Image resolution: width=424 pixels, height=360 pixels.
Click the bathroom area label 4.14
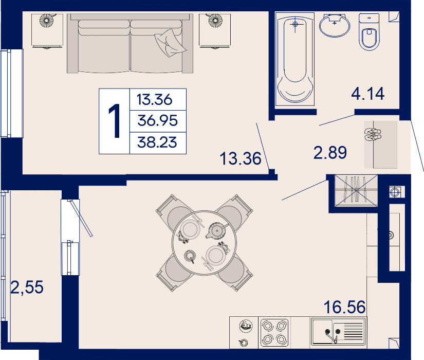pos(368,94)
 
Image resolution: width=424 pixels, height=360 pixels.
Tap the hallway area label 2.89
pos(330,152)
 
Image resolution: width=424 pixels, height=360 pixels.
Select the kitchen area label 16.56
pos(344,307)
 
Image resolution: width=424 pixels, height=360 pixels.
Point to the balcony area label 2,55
pos(27,287)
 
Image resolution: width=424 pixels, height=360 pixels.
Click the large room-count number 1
pos(115,121)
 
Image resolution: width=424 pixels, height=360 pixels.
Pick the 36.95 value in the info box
pos(158,120)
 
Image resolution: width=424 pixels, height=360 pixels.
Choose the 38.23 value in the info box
pos(157,142)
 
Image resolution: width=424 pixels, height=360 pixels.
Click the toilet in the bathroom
pos(369,32)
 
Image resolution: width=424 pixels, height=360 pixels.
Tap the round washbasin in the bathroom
pos(335,25)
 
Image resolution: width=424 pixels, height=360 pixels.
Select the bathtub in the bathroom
pos(295,59)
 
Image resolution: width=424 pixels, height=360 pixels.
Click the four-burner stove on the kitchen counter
pos(274,333)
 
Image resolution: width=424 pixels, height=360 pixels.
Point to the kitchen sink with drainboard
pos(338,332)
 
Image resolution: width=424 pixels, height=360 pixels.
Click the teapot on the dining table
pos(216,230)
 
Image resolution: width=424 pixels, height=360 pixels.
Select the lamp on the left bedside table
pos(47,20)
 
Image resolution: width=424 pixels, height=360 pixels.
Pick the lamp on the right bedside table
pos(215,20)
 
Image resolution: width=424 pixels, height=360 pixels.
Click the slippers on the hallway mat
pos(373,135)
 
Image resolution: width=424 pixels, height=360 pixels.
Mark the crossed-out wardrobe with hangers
pos(356,191)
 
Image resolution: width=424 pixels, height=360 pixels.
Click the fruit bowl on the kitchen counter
pos(246,326)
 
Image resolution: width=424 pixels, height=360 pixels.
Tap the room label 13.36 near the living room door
pos(241,158)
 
